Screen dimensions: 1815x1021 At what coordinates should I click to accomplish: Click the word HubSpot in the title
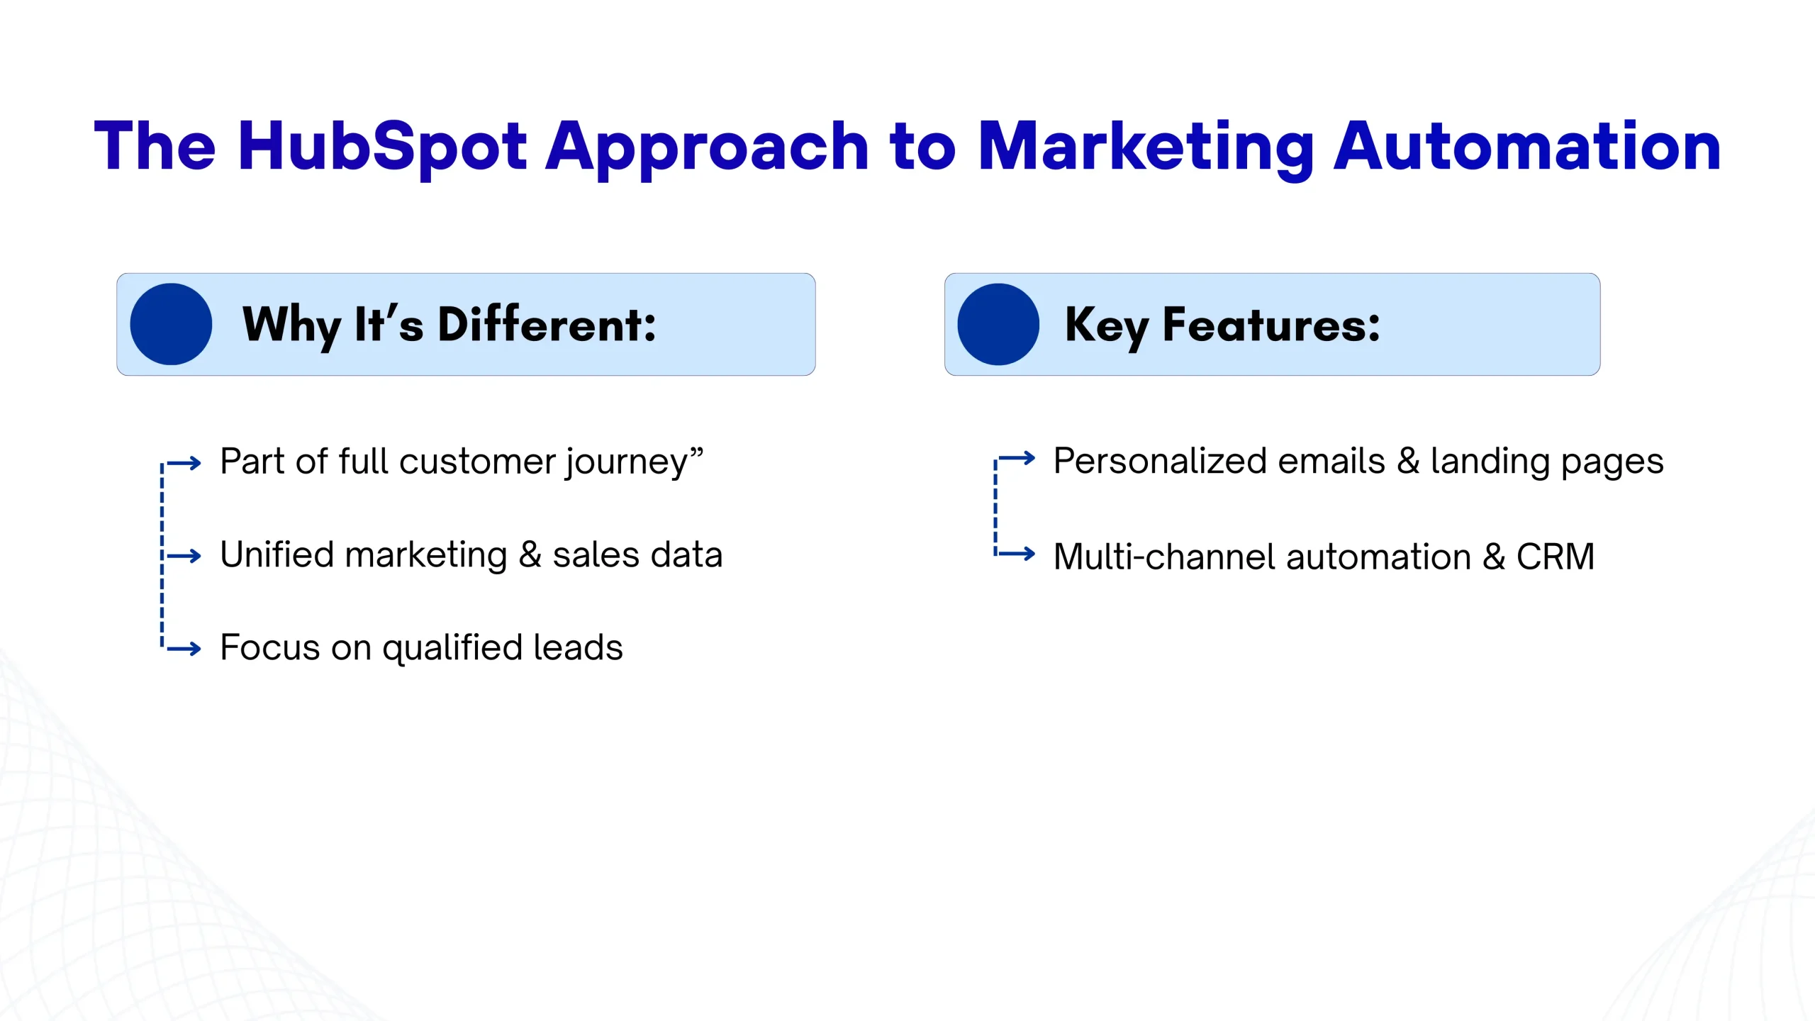point(383,147)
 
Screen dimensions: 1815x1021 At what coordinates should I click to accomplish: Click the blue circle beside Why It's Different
point(171,324)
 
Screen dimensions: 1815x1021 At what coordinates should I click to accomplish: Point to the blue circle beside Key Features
point(998,324)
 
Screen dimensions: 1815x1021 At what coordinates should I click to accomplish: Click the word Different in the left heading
point(547,324)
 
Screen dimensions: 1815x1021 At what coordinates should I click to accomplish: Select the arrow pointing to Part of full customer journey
point(184,464)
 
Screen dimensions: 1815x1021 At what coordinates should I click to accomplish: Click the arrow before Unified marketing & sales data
point(184,556)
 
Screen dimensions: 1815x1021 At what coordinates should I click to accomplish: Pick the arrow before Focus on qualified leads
point(184,648)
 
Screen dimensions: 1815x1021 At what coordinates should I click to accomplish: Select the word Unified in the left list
point(277,554)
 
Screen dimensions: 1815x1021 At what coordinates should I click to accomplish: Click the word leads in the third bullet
point(578,647)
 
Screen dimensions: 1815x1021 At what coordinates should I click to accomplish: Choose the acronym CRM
point(1556,557)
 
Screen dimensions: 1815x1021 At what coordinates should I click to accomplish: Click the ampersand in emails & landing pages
point(1408,461)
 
